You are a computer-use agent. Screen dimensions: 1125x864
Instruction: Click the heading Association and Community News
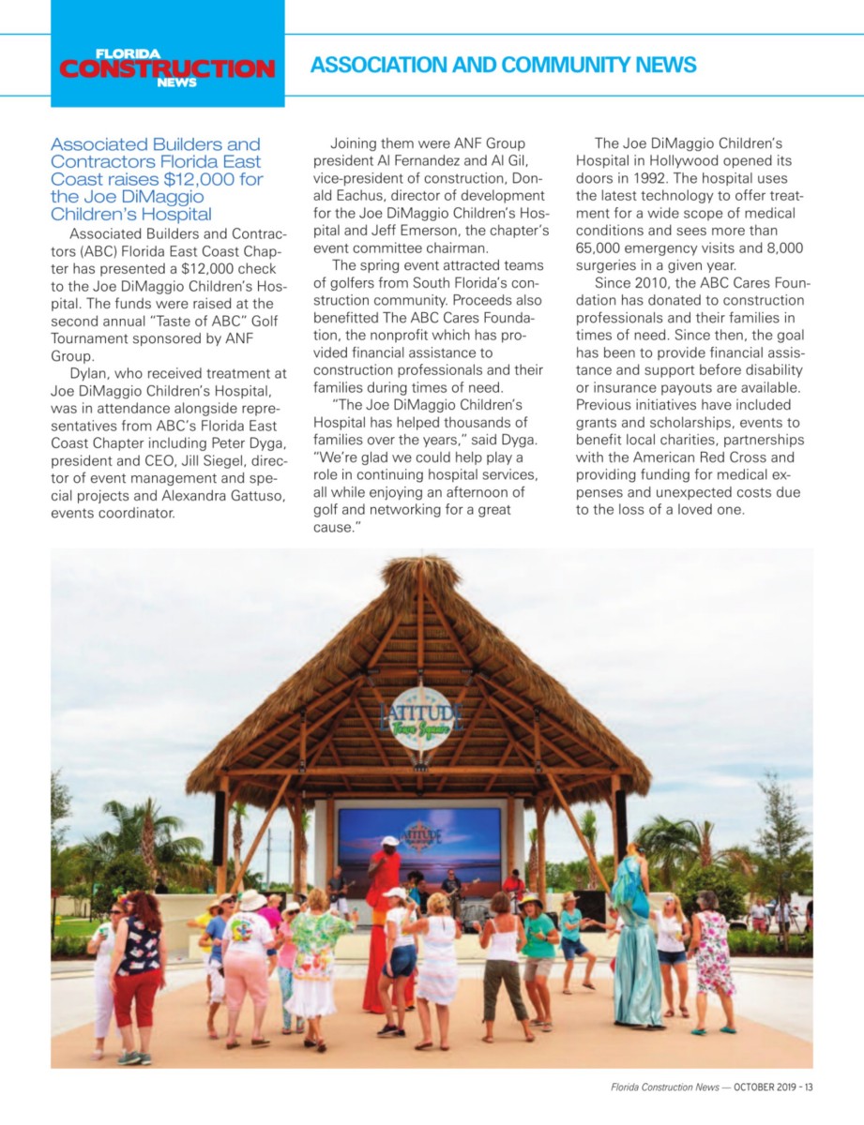point(503,65)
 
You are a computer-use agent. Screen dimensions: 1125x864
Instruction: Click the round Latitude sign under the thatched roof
point(421,717)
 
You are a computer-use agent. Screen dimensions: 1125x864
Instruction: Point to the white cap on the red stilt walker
point(389,841)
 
